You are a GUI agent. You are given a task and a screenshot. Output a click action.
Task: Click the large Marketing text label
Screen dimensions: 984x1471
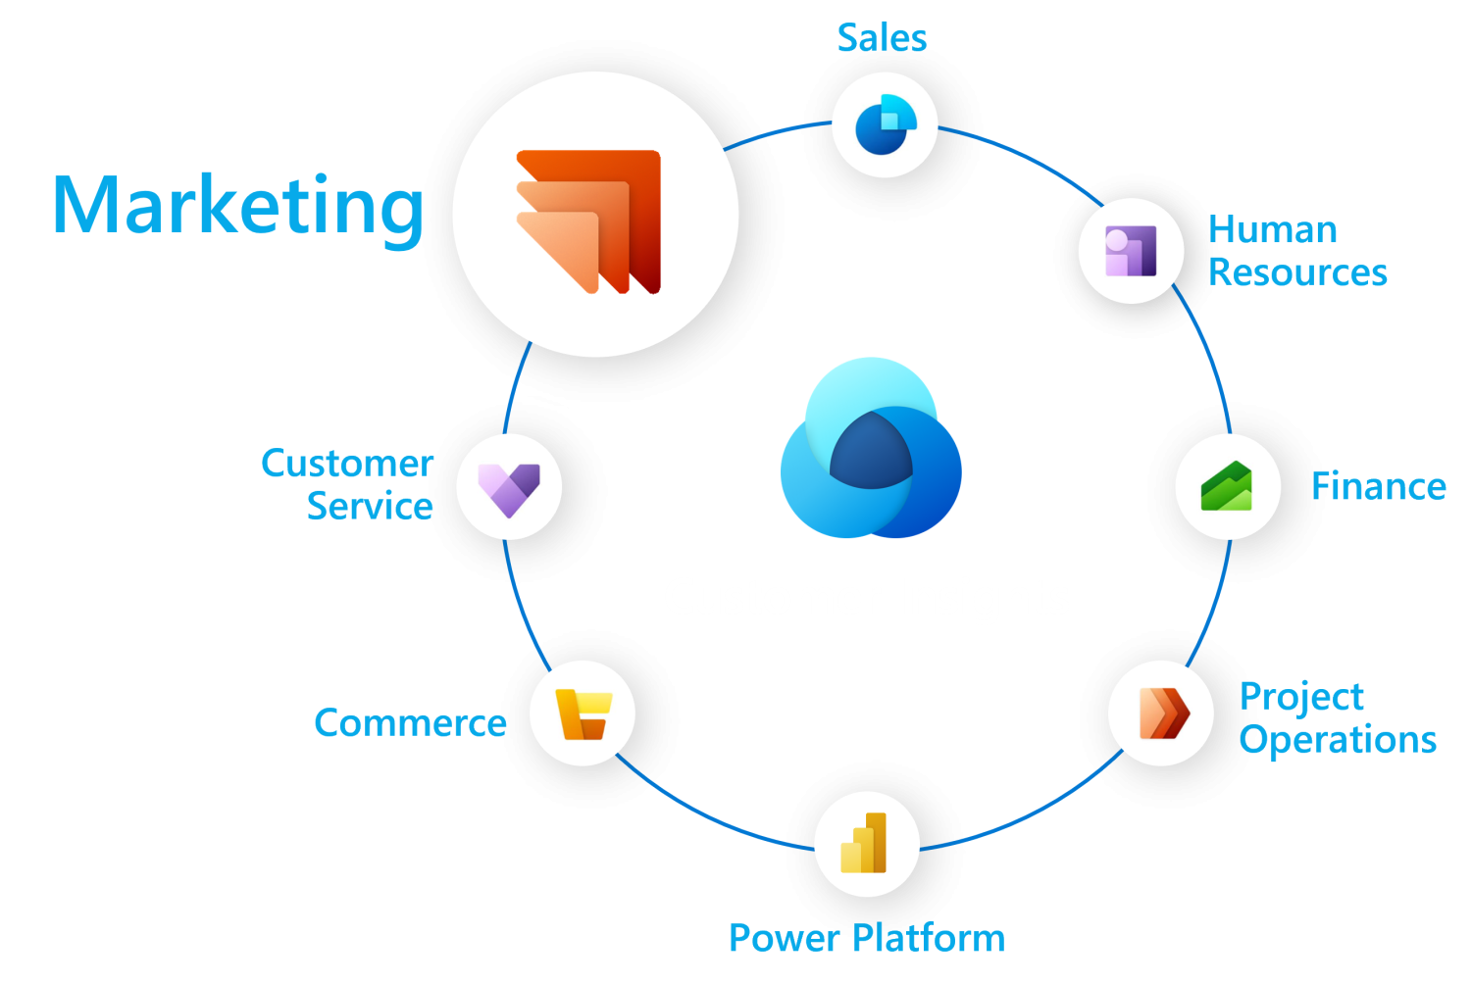(238, 206)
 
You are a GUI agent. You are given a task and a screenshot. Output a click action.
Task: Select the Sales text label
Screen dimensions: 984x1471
(882, 38)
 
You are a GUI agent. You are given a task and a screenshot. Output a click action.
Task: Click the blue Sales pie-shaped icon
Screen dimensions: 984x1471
(885, 125)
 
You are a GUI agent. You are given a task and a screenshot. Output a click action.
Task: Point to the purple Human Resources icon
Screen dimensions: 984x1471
(1131, 251)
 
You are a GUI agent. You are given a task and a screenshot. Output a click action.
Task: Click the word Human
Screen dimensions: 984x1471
(1272, 230)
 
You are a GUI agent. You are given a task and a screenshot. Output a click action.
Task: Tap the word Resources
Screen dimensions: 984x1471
(1297, 272)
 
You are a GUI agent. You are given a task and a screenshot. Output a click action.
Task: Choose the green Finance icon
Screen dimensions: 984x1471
(1227, 486)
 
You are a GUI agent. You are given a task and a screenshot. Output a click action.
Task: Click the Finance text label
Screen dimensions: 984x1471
(1378, 486)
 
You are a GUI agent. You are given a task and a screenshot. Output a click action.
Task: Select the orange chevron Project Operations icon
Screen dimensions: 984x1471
(1162, 713)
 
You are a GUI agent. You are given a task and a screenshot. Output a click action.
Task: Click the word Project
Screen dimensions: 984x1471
(1301, 697)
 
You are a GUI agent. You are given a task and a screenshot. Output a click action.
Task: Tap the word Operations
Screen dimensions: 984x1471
(1338, 740)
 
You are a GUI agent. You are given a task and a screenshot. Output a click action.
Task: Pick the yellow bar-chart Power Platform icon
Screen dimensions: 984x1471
(865, 844)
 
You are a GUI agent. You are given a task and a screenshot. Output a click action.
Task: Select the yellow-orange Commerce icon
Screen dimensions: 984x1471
(583, 713)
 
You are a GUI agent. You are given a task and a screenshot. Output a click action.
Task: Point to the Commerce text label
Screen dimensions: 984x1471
(410, 723)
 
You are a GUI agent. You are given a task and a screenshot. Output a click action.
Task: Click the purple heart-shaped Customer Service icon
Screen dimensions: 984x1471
(509, 487)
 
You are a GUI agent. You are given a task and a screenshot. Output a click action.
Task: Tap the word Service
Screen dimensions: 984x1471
(370, 507)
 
